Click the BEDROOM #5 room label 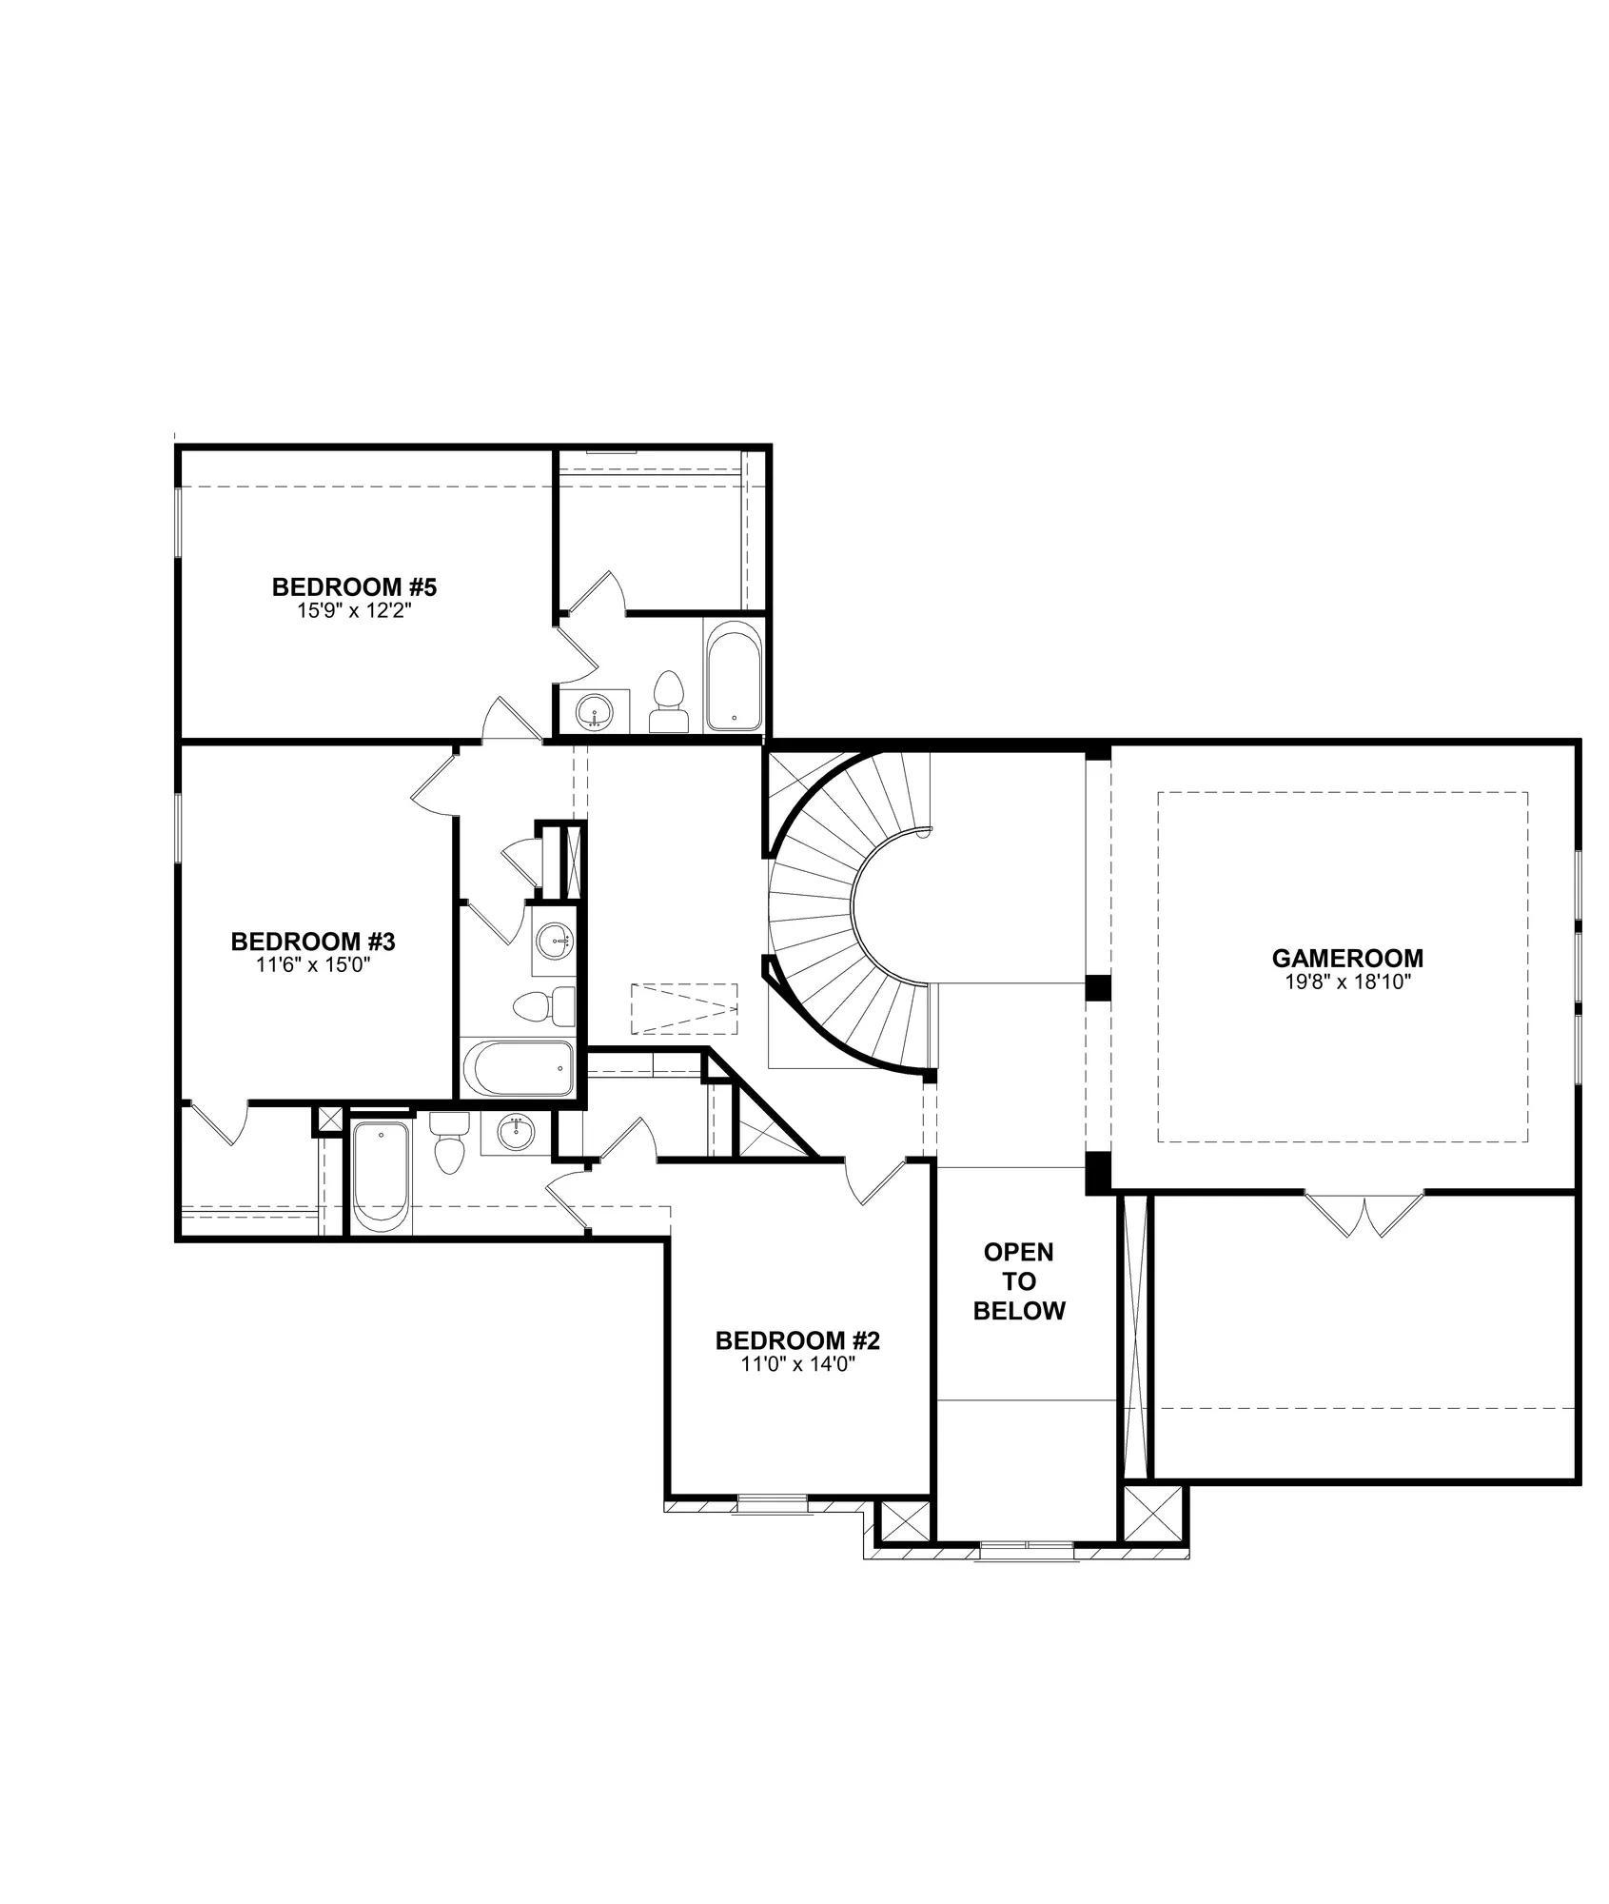(x=353, y=586)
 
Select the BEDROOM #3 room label (x=313, y=942)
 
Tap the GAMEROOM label (x=1347, y=958)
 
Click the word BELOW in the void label (x=1019, y=1312)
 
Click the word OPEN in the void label (x=1018, y=1251)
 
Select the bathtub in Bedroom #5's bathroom (x=734, y=676)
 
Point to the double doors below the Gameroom (x=1364, y=1213)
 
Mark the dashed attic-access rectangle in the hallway (x=684, y=1006)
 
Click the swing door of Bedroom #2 (x=877, y=1181)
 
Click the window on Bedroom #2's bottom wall (x=772, y=1502)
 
